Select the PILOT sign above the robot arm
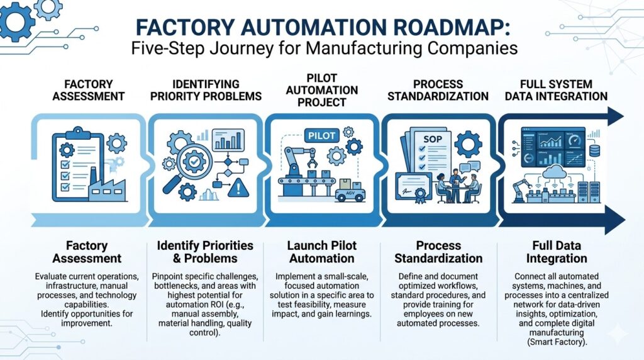322,135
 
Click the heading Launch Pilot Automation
321,252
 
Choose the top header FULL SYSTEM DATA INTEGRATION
564,90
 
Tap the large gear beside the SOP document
468,144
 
